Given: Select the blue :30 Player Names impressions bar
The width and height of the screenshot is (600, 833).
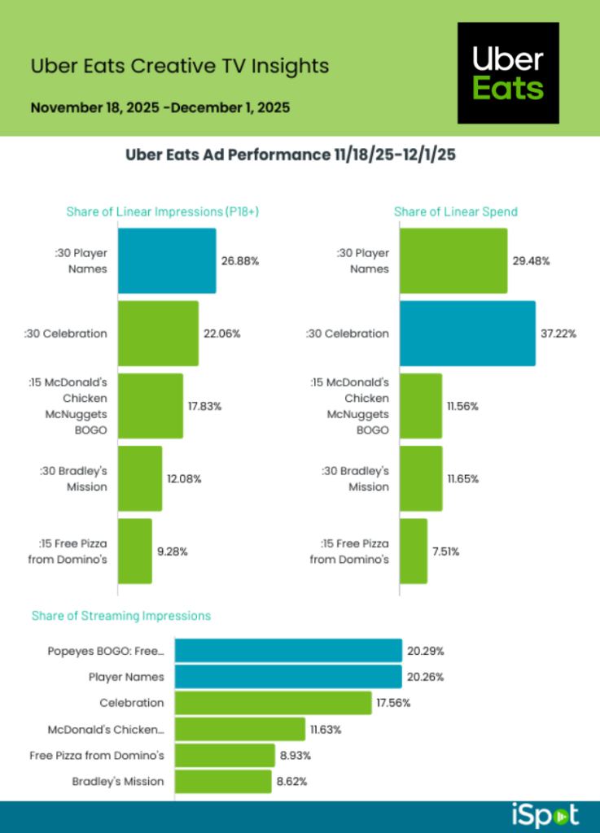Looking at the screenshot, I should (167, 260).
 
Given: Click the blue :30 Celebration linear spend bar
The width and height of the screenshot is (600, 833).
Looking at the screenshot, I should (467, 334).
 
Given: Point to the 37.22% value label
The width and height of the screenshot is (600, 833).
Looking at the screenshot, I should (558, 334).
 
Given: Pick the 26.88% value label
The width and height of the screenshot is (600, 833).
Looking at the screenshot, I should (240, 261).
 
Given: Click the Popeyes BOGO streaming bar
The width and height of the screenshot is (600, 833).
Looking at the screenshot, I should (288, 651).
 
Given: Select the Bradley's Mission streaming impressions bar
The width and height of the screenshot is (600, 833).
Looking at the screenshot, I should (223, 781).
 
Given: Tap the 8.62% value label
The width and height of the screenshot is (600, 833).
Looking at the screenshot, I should (293, 781).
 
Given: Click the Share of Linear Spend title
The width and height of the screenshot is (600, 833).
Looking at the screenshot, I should (456, 212).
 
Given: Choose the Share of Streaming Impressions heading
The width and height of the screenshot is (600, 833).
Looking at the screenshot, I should (121, 616).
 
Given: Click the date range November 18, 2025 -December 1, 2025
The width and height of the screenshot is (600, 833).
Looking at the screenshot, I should (160, 107).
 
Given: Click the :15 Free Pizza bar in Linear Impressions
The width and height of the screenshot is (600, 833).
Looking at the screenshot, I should (135, 551).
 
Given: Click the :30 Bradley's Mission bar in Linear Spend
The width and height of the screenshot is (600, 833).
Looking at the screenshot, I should (421, 478).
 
